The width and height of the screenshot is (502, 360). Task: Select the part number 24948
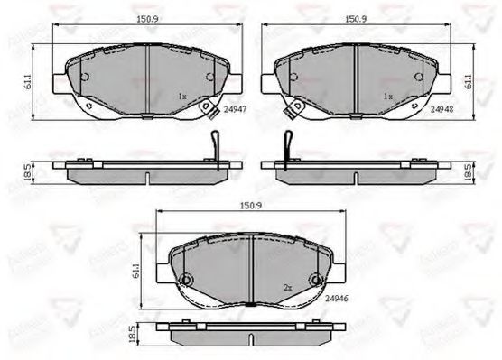[443, 106]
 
